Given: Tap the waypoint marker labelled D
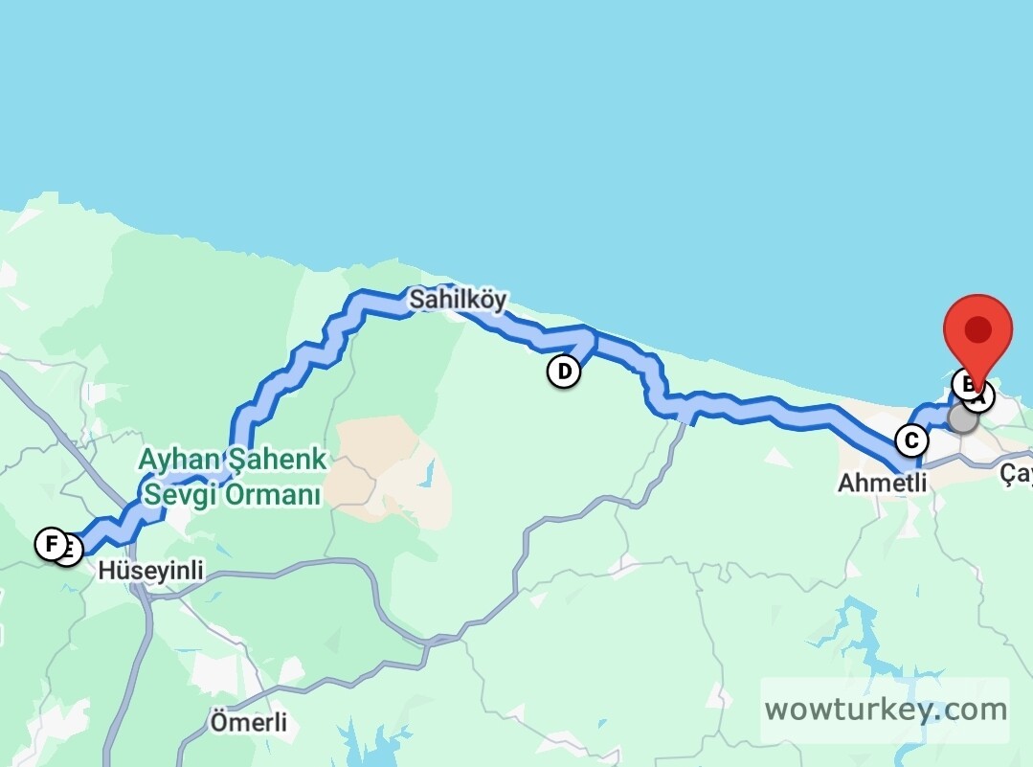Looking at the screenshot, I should tap(564, 371).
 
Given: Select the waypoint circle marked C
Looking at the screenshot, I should tap(911, 440).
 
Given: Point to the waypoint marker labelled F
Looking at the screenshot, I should tap(50, 544).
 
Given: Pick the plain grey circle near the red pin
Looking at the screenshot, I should tap(962, 418).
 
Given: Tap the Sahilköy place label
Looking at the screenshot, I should tap(458, 300).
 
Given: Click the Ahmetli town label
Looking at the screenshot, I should tap(882, 483).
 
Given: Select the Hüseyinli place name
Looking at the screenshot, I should tap(151, 571).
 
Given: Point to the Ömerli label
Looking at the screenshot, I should tap(248, 721).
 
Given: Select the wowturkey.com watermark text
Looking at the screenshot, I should tap(885, 711).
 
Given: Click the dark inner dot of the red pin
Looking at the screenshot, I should tap(977, 330).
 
